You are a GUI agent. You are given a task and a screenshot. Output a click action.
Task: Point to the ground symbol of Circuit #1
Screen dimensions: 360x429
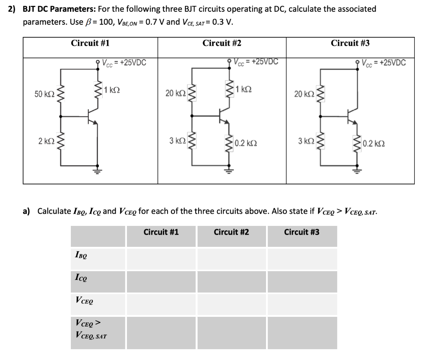pyautogui.click(x=98, y=171)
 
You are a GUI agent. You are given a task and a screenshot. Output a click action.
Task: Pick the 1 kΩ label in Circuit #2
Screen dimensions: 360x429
pyautogui.click(x=244, y=89)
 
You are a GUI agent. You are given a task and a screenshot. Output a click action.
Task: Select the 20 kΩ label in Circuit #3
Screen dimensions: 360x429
pyautogui.click(x=302, y=94)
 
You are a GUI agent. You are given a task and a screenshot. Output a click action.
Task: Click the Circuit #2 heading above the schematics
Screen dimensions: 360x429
pyautogui.click(x=222, y=43)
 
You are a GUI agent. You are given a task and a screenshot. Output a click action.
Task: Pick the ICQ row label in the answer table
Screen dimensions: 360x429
pyautogui.click(x=81, y=277)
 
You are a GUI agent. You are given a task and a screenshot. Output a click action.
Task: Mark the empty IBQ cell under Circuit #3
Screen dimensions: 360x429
pyautogui.click(x=302, y=259)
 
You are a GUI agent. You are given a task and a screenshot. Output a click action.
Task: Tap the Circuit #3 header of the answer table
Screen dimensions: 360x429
pyautogui.click(x=302, y=232)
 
